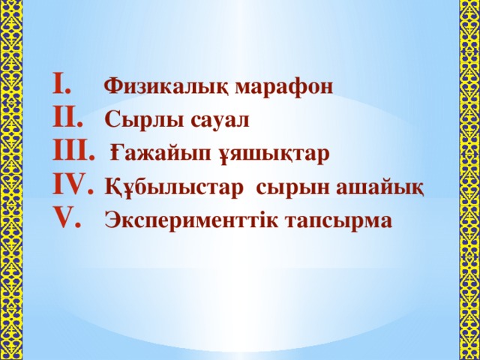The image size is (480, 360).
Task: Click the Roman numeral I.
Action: point(61,83)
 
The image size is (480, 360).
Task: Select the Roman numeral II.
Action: point(67,117)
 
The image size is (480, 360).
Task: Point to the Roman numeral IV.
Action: point(73,184)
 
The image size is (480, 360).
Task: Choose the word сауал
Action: point(220,121)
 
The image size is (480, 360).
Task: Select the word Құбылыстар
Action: point(173,187)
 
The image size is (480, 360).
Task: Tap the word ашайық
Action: point(380,188)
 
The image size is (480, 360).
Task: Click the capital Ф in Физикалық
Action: point(113,86)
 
